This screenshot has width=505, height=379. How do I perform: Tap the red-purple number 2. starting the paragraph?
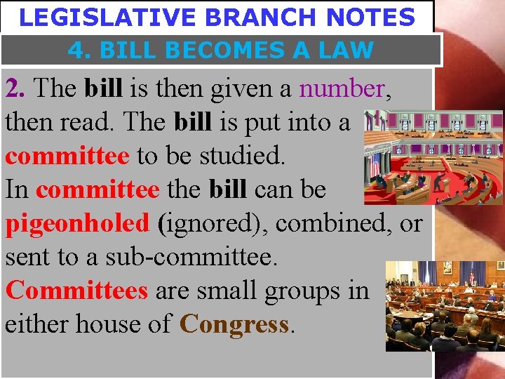tap(15, 89)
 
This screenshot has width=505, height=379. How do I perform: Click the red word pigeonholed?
tap(77, 224)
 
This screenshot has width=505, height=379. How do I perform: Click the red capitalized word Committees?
tap(76, 290)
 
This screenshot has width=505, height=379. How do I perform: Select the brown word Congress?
tap(234, 324)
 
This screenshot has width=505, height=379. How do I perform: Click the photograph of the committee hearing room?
tap(445, 305)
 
